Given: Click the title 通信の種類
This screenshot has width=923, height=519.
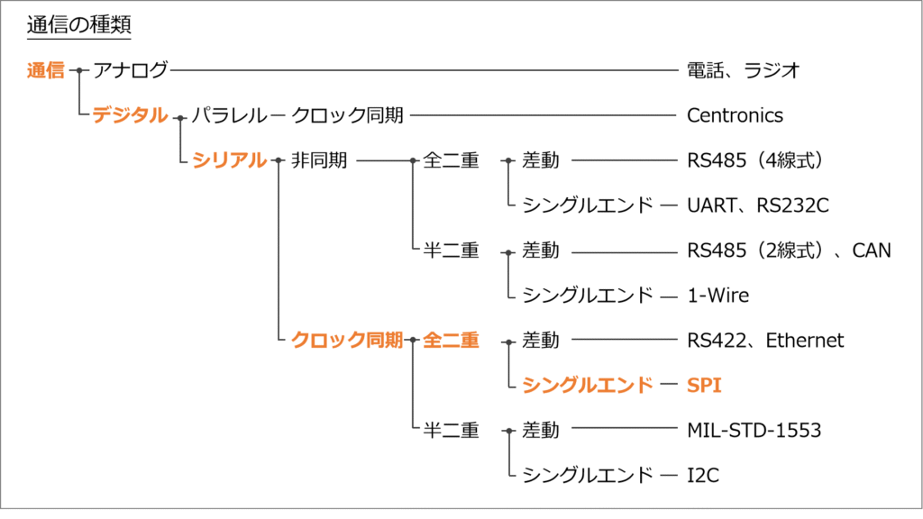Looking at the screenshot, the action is [79, 24].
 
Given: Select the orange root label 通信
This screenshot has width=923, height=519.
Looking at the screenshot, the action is [45, 70].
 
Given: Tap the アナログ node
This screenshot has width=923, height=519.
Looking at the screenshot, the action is [131, 70].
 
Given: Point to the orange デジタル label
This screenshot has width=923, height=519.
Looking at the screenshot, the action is [130, 115].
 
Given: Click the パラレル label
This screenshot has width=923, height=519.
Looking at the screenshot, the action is [230, 115].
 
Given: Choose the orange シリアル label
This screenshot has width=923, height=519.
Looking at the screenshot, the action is [230, 160].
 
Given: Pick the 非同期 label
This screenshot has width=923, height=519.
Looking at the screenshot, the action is [319, 160].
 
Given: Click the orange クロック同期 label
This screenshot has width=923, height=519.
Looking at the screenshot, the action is [347, 340].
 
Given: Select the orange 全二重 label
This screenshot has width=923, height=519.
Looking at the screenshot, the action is [451, 340].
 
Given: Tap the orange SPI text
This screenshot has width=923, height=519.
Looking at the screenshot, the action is [704, 386].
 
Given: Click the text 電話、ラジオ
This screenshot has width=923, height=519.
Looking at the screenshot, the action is [744, 70].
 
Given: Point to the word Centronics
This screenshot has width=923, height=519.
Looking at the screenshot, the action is [736, 115].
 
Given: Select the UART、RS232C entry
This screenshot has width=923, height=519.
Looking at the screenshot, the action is [758, 205].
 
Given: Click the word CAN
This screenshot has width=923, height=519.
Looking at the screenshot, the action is [872, 250].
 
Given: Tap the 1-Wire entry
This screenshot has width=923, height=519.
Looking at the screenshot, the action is [718, 296].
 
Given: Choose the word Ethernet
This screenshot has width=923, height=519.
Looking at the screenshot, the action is [805, 340].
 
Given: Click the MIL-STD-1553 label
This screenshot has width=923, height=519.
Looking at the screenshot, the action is [754, 430].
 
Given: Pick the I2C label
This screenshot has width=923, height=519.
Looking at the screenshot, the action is [703, 475].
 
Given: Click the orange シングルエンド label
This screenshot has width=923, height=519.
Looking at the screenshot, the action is [588, 386].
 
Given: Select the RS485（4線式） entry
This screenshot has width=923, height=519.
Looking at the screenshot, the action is [754, 160].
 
